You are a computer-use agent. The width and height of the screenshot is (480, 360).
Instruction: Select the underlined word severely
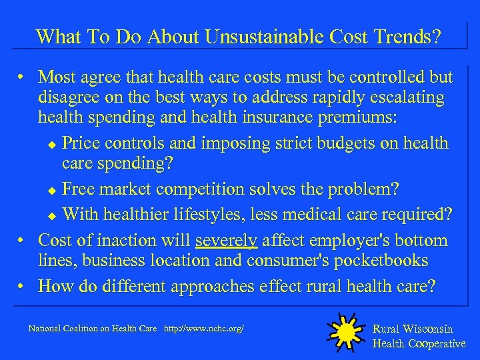(x=226, y=240)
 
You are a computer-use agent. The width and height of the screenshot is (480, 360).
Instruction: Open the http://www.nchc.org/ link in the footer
(x=204, y=329)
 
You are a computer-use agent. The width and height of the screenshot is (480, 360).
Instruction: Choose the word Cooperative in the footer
(x=437, y=343)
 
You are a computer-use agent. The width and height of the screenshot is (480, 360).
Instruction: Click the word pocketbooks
(x=379, y=260)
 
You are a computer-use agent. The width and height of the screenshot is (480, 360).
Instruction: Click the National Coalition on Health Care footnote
(x=93, y=329)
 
